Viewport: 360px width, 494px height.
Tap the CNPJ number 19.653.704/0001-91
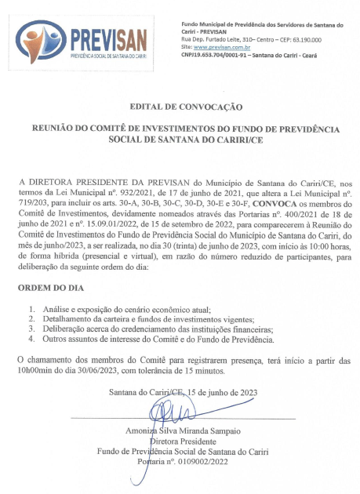221,55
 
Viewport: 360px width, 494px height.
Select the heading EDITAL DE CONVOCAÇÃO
180,106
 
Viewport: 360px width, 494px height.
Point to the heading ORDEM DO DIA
49,288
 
